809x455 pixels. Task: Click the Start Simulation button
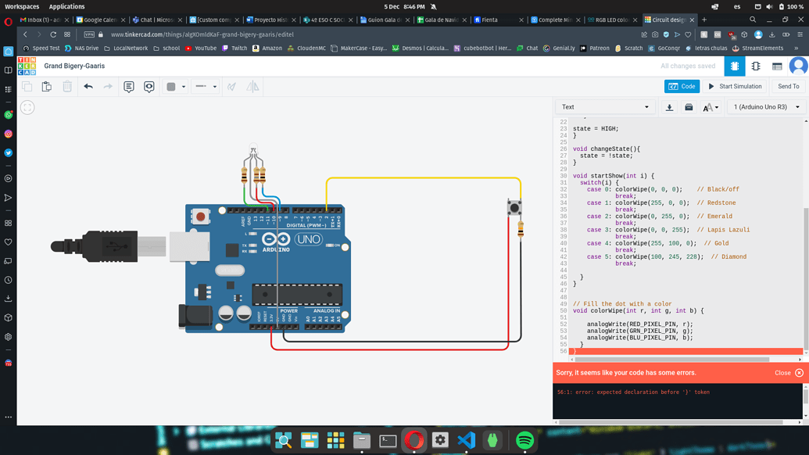click(735, 87)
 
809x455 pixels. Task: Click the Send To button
click(788, 87)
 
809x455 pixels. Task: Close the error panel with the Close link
click(782, 373)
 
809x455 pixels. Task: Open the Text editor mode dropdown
click(604, 107)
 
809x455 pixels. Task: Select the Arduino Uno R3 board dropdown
click(765, 107)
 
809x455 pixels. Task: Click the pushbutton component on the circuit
click(514, 207)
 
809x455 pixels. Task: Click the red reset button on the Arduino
click(201, 216)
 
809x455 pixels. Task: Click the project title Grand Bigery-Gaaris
click(74, 66)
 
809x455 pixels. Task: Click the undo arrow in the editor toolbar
click(88, 87)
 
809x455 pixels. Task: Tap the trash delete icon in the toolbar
click(67, 87)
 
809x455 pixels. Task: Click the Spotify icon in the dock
click(524, 440)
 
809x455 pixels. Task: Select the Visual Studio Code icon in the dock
click(467, 440)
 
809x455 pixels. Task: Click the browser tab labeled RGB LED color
click(612, 20)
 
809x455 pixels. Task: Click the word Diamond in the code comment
click(734, 256)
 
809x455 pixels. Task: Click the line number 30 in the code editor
click(563, 176)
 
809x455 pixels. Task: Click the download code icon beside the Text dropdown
click(669, 107)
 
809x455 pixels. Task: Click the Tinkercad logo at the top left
click(27, 66)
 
